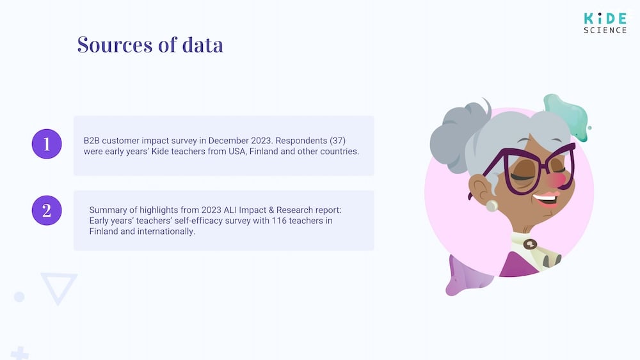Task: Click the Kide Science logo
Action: click(x=605, y=23)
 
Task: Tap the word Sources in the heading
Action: click(x=115, y=44)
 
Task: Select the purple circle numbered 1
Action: click(x=47, y=144)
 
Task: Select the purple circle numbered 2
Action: click(x=47, y=210)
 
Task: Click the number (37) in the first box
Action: click(x=337, y=141)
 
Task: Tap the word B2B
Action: click(x=92, y=141)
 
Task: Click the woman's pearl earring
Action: click(x=492, y=205)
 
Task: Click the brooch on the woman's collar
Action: click(x=530, y=244)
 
